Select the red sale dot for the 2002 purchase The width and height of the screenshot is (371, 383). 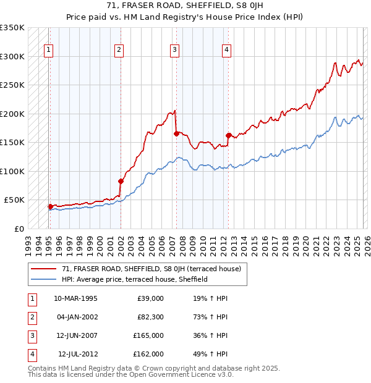point(121,181)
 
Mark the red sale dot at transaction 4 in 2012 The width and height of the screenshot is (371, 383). point(228,135)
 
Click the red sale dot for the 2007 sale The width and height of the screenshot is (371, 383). point(176,133)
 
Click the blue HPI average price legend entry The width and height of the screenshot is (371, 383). point(134,279)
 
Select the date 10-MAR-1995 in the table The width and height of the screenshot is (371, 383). point(75,298)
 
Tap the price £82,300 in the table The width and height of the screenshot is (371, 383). point(150,317)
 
